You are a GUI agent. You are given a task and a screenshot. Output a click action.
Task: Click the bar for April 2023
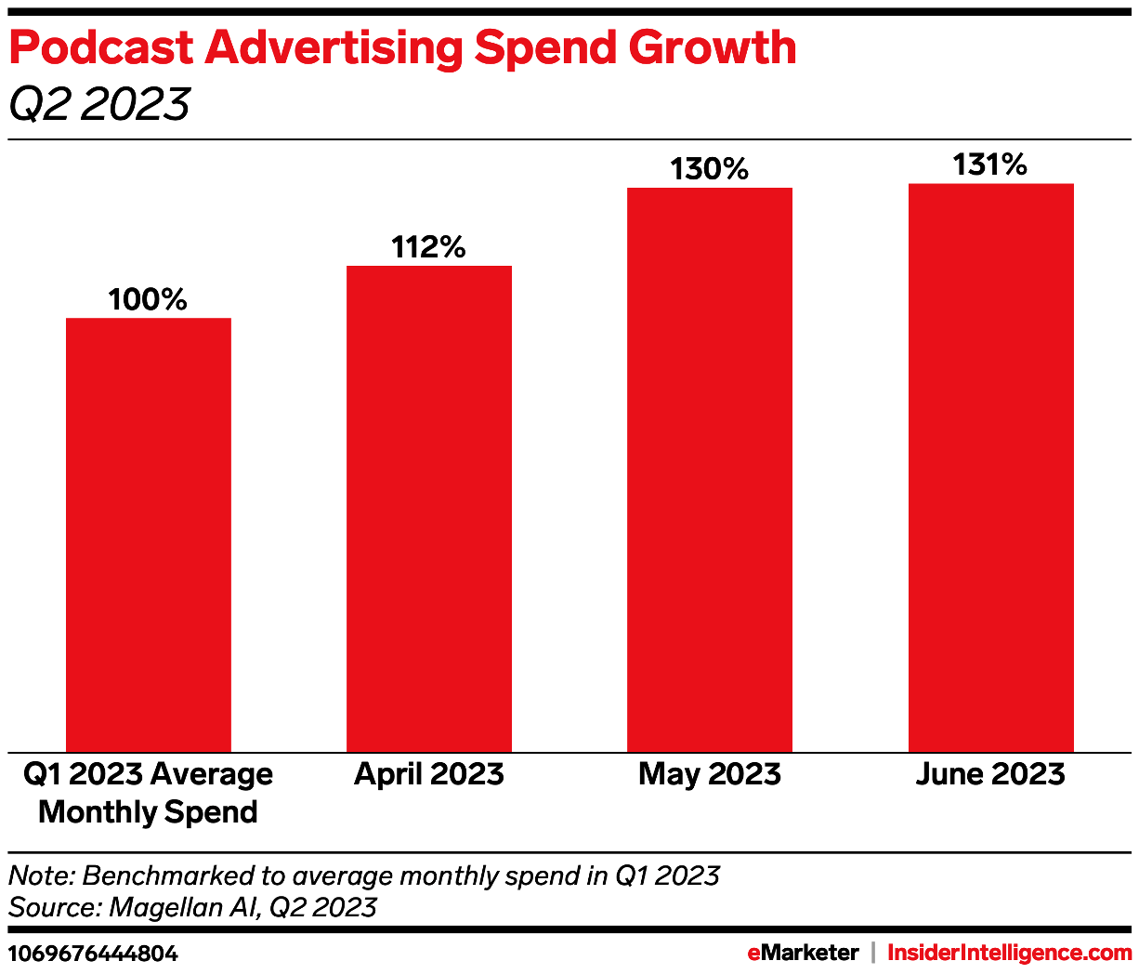[x=428, y=508]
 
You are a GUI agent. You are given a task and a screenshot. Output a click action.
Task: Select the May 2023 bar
[x=710, y=469]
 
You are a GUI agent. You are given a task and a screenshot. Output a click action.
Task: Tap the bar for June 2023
[x=990, y=467]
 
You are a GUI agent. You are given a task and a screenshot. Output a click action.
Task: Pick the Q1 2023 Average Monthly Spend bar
[x=149, y=534]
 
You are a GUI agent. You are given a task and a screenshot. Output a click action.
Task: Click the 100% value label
[x=148, y=299]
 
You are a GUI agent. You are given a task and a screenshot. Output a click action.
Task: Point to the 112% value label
[x=428, y=247]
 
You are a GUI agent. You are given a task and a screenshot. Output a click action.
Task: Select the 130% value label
[x=710, y=169]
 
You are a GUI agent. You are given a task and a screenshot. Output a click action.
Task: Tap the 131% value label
[x=990, y=165]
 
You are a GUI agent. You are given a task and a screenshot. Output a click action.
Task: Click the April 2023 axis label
[x=428, y=774]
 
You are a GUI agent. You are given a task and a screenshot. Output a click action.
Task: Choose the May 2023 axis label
[x=710, y=774]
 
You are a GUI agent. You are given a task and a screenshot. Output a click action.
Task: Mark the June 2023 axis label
[x=990, y=774]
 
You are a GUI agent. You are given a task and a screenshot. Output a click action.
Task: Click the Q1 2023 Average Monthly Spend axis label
[x=149, y=793]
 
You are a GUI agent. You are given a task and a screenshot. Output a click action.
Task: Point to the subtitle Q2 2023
[x=98, y=103]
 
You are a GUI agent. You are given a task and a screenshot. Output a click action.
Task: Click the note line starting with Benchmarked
[x=364, y=875]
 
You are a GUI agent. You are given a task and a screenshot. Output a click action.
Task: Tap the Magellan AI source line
[x=192, y=907]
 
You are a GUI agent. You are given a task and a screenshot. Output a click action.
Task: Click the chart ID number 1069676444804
[x=93, y=954]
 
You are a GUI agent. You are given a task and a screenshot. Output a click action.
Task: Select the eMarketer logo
[x=803, y=953]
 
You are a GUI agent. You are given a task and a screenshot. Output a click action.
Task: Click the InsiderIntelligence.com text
[x=1010, y=953]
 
